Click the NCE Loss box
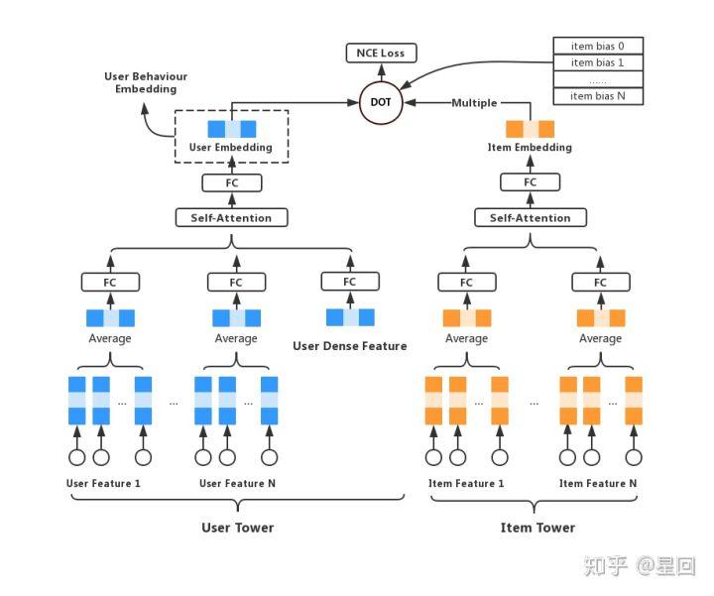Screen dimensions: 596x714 [x=381, y=53]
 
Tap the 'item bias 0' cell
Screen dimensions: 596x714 [x=597, y=46]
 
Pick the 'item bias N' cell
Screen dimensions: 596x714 [x=597, y=96]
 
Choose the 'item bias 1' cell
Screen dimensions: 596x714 [x=597, y=62]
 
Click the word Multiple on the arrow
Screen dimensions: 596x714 [x=474, y=103]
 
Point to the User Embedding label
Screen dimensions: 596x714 [x=231, y=148]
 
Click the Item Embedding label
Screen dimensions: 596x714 [x=530, y=148]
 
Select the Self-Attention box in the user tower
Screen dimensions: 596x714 [x=231, y=217]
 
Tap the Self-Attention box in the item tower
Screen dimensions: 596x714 [x=531, y=217]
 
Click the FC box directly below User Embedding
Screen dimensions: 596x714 [x=232, y=182]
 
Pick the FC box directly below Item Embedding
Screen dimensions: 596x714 [x=531, y=182]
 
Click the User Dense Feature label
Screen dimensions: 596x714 [x=350, y=346]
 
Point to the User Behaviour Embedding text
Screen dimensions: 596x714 [x=146, y=82]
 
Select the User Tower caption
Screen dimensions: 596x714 [x=238, y=528]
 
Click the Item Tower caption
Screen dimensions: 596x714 [x=537, y=528]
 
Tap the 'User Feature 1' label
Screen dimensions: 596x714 [x=103, y=483]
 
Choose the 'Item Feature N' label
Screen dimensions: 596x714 [x=599, y=483]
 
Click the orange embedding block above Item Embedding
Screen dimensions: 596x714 [x=531, y=129]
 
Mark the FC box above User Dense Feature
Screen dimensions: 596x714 [x=350, y=282]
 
